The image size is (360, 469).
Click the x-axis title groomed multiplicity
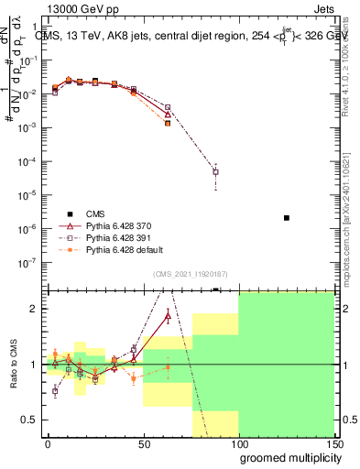pos(286,456)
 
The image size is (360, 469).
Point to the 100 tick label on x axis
pos(238,442)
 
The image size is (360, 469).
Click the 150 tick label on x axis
pos(334,442)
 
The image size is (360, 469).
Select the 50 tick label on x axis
pos(143,442)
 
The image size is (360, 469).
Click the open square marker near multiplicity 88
pos(215,171)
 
